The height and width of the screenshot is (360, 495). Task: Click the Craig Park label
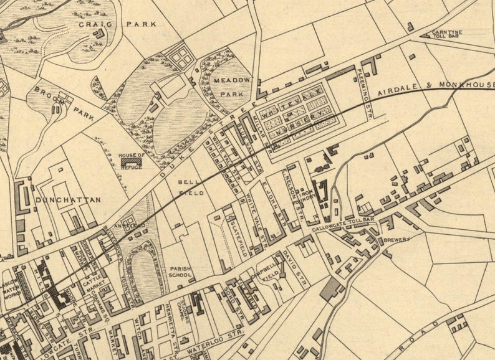[x=117, y=24]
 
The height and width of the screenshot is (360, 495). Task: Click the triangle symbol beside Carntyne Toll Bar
[x=426, y=36]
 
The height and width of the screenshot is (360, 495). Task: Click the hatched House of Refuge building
[x=132, y=162]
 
